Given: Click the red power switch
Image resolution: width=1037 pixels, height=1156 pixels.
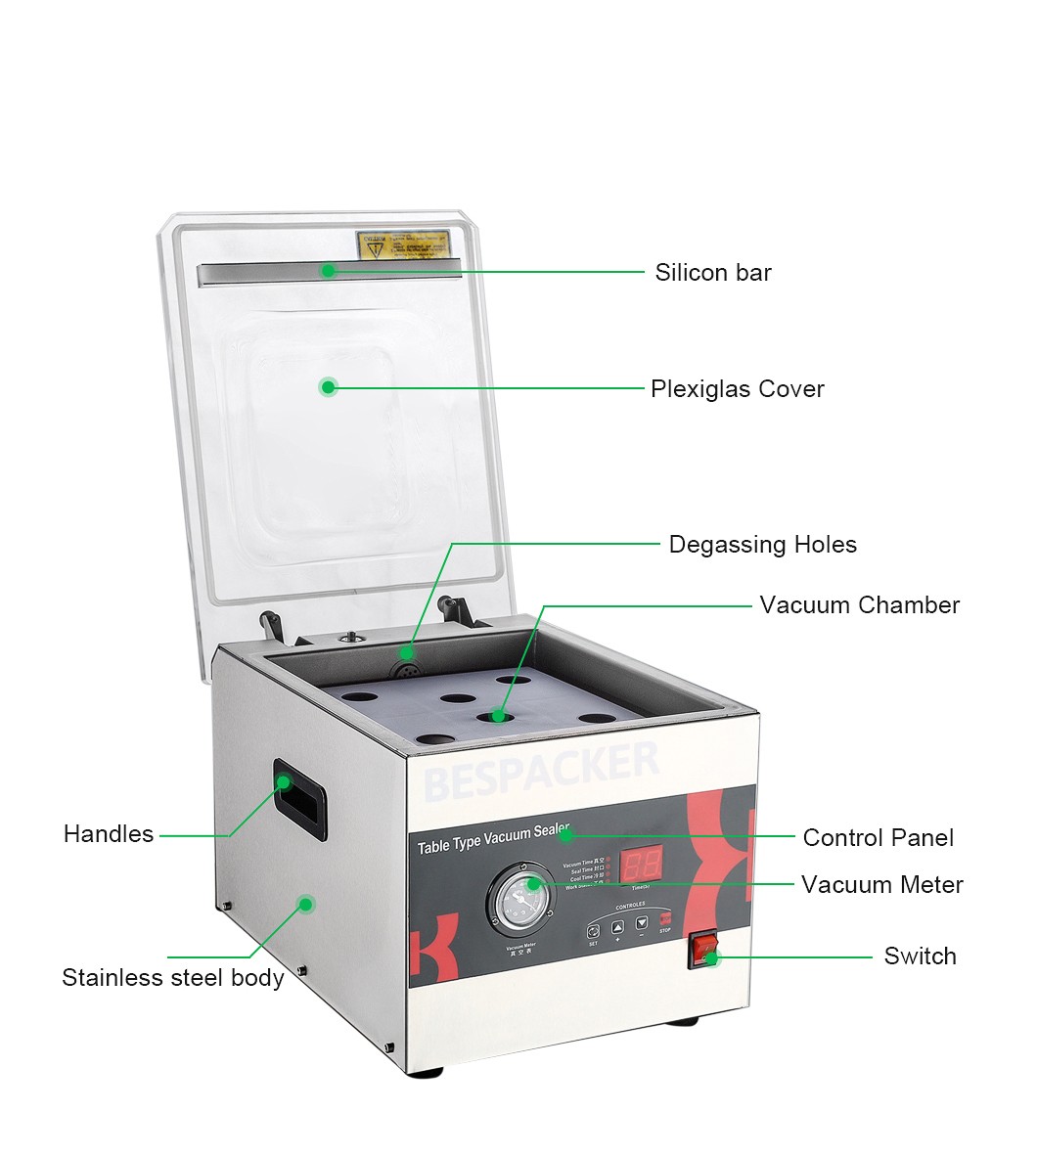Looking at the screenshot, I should click(x=702, y=949).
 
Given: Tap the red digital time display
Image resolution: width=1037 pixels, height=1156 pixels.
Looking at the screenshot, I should click(x=642, y=863).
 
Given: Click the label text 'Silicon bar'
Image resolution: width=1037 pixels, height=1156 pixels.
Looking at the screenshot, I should click(x=713, y=273).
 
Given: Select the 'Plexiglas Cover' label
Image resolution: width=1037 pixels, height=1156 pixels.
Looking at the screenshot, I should click(x=738, y=389).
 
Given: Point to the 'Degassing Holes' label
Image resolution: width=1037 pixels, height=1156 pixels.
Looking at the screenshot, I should click(x=762, y=545).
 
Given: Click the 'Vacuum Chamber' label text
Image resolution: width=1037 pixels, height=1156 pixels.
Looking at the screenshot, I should click(x=859, y=605).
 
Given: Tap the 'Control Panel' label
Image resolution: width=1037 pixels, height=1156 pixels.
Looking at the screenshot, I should click(x=878, y=838).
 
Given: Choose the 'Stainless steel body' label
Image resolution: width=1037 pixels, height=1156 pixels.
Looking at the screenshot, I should click(x=173, y=978).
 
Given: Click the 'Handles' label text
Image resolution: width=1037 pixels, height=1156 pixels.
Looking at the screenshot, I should click(x=109, y=834).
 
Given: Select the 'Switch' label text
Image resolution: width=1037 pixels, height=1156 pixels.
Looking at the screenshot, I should click(x=920, y=956).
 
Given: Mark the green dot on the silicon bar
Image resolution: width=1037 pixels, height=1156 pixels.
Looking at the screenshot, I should click(x=329, y=270).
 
